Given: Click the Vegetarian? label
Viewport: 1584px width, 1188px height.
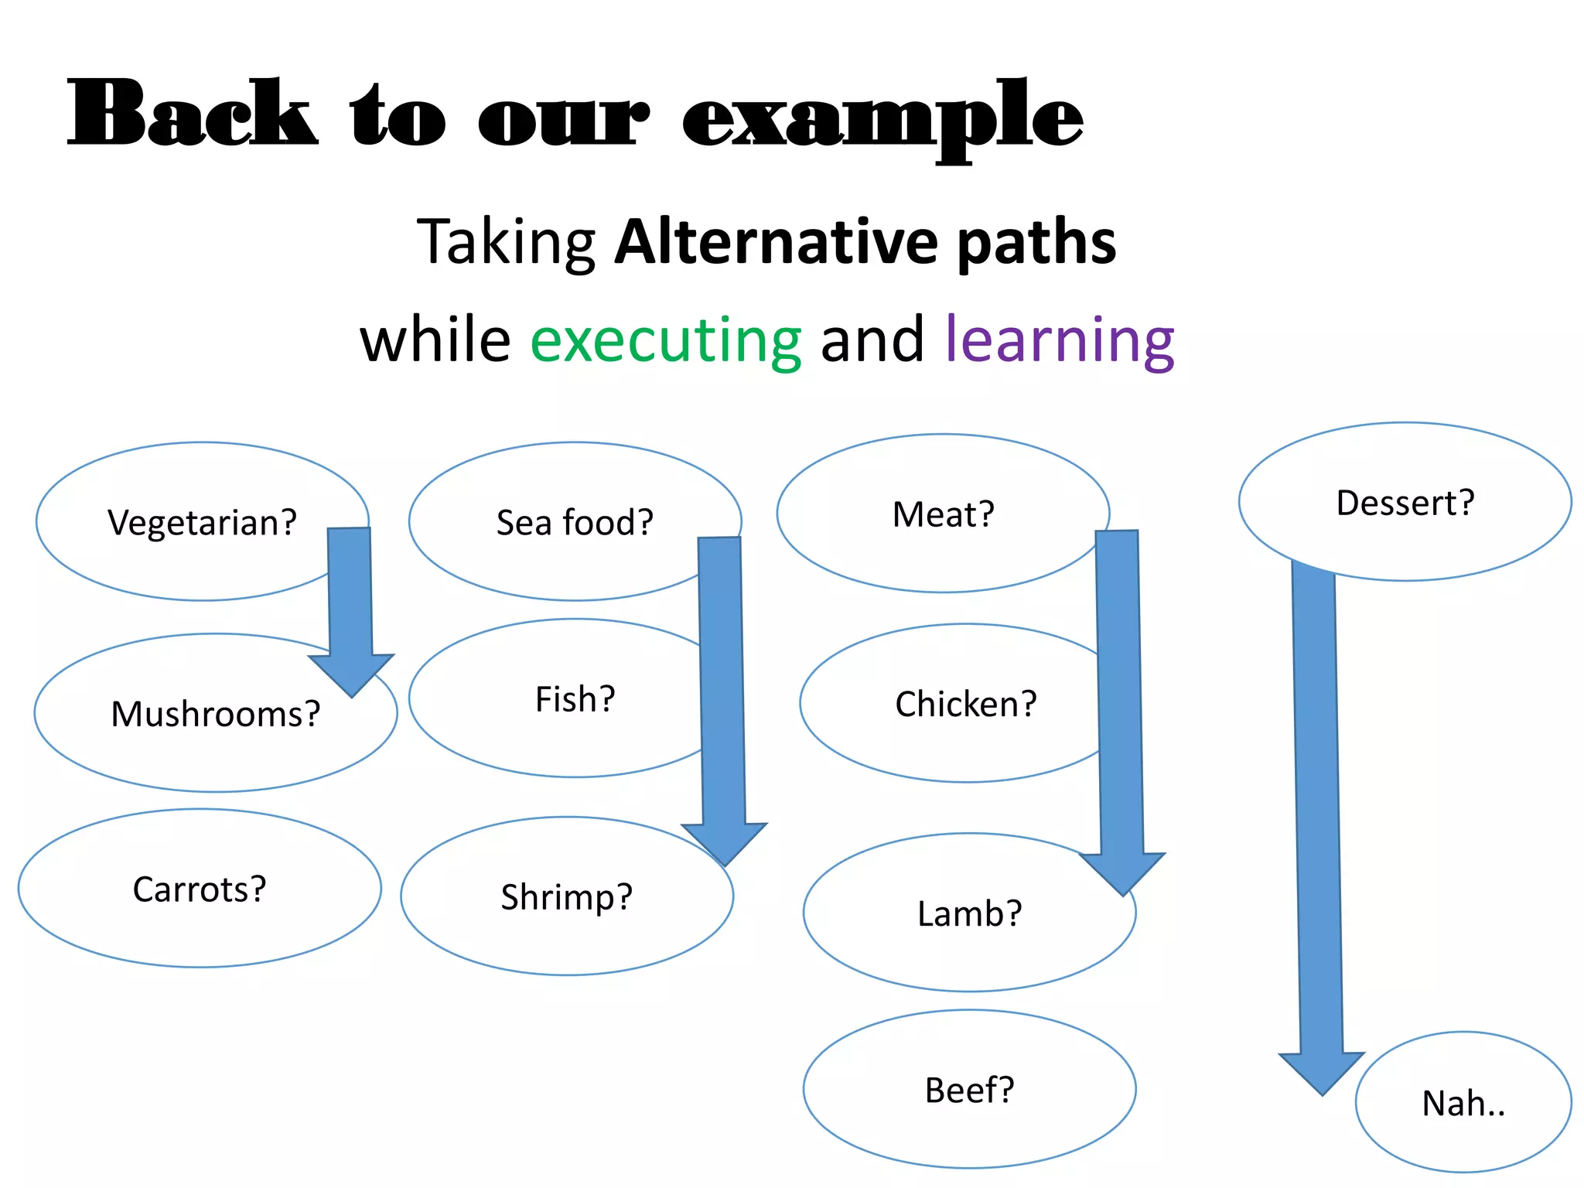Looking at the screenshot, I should pyautogui.click(x=202, y=523).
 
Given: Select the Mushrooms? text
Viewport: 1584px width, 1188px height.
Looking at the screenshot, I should pyautogui.click(x=215, y=714).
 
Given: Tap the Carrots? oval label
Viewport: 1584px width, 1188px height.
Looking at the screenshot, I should pyautogui.click(x=200, y=889).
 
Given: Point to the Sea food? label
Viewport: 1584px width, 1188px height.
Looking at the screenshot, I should pyautogui.click(x=575, y=523).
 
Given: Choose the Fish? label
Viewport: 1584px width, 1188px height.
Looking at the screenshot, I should pyautogui.click(x=575, y=699).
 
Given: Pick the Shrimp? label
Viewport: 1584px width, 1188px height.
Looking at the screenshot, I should pyautogui.click(x=566, y=897).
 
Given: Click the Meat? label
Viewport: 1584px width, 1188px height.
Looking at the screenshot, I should pyautogui.click(x=943, y=514).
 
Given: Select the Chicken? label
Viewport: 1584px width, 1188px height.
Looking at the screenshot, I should pyautogui.click(x=965, y=704).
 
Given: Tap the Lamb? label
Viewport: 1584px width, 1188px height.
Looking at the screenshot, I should pyautogui.click(x=969, y=913).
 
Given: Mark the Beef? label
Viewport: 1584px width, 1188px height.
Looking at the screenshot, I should pyautogui.click(x=969, y=1091).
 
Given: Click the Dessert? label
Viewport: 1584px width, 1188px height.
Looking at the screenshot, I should pyautogui.click(x=1405, y=503).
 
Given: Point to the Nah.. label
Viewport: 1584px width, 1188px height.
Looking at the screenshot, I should pyautogui.click(x=1463, y=1104).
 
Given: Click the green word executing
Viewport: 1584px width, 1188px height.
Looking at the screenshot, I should pyautogui.click(x=665, y=340).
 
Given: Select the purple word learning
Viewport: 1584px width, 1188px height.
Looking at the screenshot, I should pyautogui.click(x=1060, y=340).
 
